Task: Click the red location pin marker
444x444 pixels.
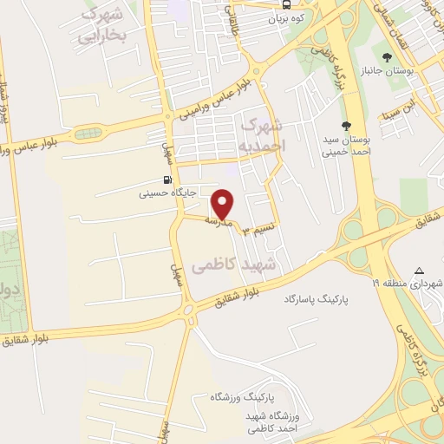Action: tap(224, 204)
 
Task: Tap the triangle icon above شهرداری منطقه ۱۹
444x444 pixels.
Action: tap(420, 271)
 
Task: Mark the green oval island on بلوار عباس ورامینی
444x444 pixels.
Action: tap(88, 134)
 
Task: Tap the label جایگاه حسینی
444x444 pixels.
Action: tap(169, 193)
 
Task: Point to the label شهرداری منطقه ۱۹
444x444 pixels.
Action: tap(408, 284)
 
